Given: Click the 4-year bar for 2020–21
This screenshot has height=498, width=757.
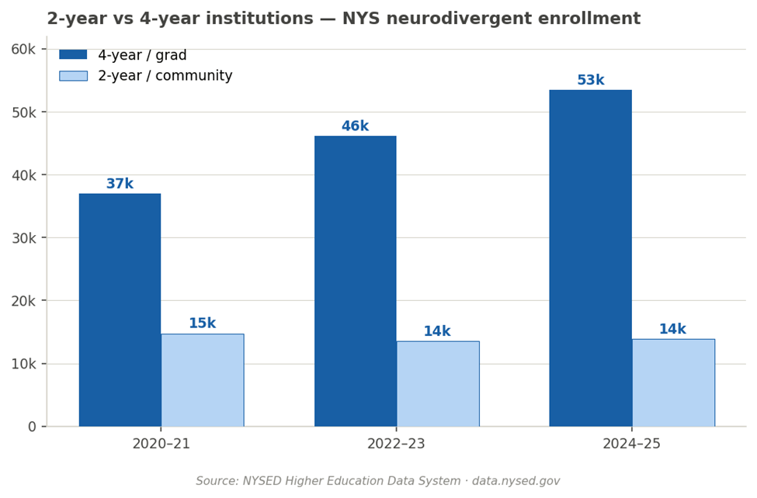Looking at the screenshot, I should point(120,310).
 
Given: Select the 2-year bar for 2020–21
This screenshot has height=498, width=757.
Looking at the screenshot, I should point(203,380).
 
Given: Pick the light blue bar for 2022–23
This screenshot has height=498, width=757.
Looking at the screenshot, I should point(438,383).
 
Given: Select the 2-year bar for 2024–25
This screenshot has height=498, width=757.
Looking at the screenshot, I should point(673,382).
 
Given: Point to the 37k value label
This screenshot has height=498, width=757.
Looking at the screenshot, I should point(120,184).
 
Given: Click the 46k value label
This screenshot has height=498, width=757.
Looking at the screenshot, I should point(355,126).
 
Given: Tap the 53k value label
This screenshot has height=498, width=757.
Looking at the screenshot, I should point(590,81).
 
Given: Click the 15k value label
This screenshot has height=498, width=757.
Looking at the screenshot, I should point(203,323).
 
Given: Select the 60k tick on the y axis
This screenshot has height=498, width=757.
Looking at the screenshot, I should point(23,49).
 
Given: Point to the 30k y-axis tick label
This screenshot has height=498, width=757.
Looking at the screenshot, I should point(23,237).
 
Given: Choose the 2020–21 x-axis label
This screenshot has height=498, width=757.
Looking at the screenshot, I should point(161,444).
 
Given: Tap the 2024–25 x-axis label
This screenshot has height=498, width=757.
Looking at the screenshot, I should point(631,444).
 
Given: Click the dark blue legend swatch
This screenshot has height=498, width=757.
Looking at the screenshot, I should point(73,55).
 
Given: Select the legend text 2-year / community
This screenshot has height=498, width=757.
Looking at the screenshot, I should point(165,76).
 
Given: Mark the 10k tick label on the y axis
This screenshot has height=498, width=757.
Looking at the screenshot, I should point(23,364).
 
